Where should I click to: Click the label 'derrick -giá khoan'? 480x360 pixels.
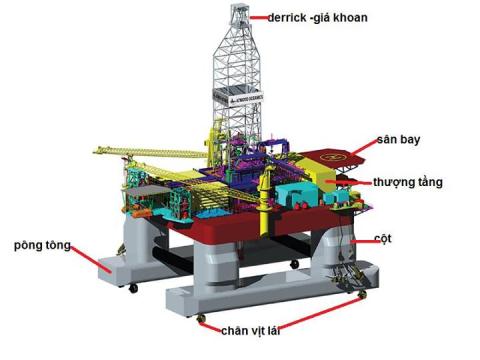tap(317, 18)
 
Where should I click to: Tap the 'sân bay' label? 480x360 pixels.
tap(398, 139)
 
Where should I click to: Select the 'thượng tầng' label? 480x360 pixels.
tap(408, 182)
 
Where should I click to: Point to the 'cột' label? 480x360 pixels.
tap(383, 239)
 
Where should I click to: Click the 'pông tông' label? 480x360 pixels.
tap(42, 246)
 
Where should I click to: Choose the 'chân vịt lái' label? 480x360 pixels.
tap(250, 331)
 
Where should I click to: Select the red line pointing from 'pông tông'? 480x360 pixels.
tap(90, 259)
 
